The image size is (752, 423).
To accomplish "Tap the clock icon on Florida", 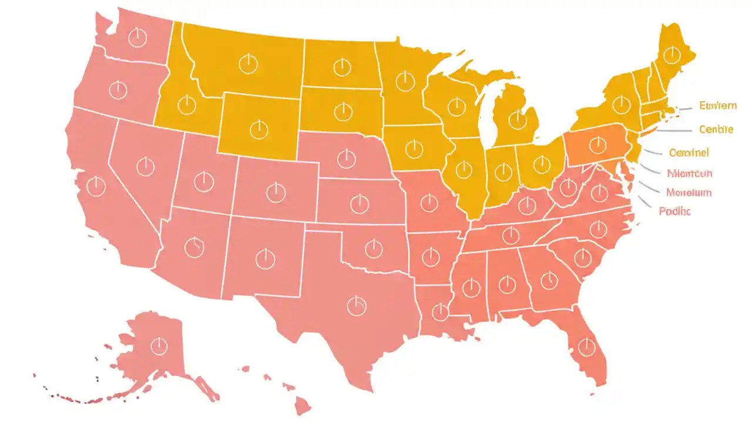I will click(x=586, y=347).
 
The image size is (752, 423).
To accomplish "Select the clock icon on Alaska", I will click(x=159, y=346).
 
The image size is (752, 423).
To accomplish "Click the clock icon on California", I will click(x=96, y=187).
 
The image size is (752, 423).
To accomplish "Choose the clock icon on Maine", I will click(x=671, y=55).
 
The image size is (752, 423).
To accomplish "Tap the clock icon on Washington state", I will click(x=137, y=38).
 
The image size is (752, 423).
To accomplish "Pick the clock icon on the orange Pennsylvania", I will click(x=597, y=145).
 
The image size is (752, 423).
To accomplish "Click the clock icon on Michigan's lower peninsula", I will click(x=517, y=120).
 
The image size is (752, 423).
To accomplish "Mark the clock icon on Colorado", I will click(x=275, y=192).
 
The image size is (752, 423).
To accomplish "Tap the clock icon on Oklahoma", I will click(x=374, y=249).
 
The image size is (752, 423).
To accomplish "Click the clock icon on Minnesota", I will click(x=405, y=81).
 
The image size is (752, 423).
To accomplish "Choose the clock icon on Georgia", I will click(x=549, y=280).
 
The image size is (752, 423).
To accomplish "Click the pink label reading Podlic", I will click(x=674, y=211).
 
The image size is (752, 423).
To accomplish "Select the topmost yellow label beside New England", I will click(x=717, y=106).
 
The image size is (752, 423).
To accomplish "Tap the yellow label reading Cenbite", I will click(x=716, y=129).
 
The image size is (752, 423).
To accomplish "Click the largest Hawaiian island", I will click(x=303, y=405).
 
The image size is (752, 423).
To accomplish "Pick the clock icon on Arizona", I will click(x=193, y=247).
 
